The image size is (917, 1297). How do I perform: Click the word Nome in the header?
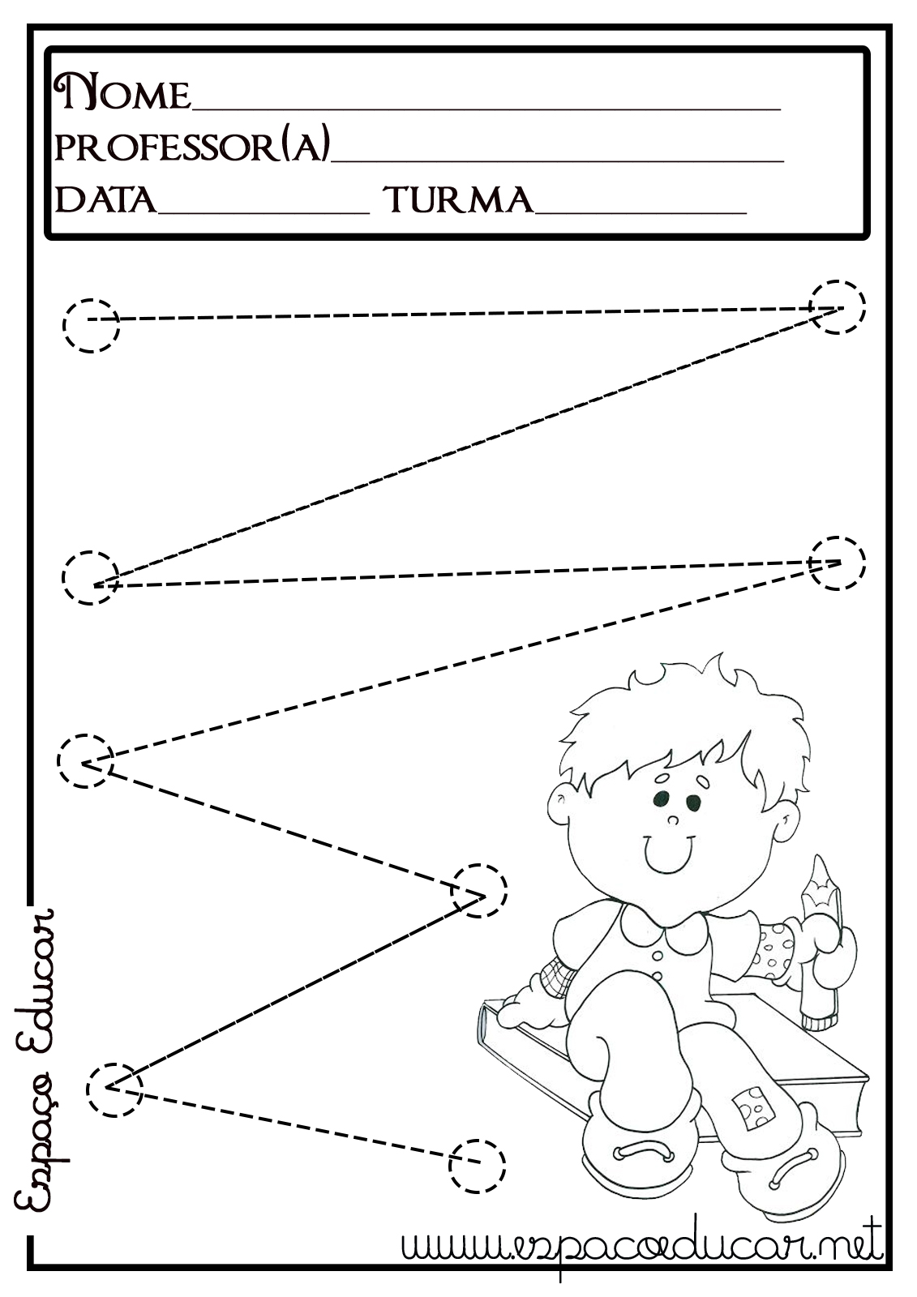[x=122, y=92]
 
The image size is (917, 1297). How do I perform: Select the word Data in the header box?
[x=105, y=199]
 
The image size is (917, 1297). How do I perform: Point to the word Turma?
[x=461, y=199]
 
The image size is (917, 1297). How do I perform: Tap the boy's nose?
[x=672, y=820]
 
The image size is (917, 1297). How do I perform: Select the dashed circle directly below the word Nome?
[x=91, y=325]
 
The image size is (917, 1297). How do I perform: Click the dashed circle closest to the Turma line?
[x=837, y=307]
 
